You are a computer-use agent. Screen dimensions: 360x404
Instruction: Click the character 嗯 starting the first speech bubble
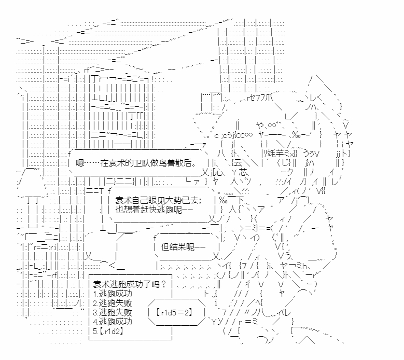(x=79, y=163)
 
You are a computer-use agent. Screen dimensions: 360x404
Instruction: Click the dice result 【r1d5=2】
(x=174, y=312)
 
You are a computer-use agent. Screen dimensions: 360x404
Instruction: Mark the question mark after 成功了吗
(x=163, y=284)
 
